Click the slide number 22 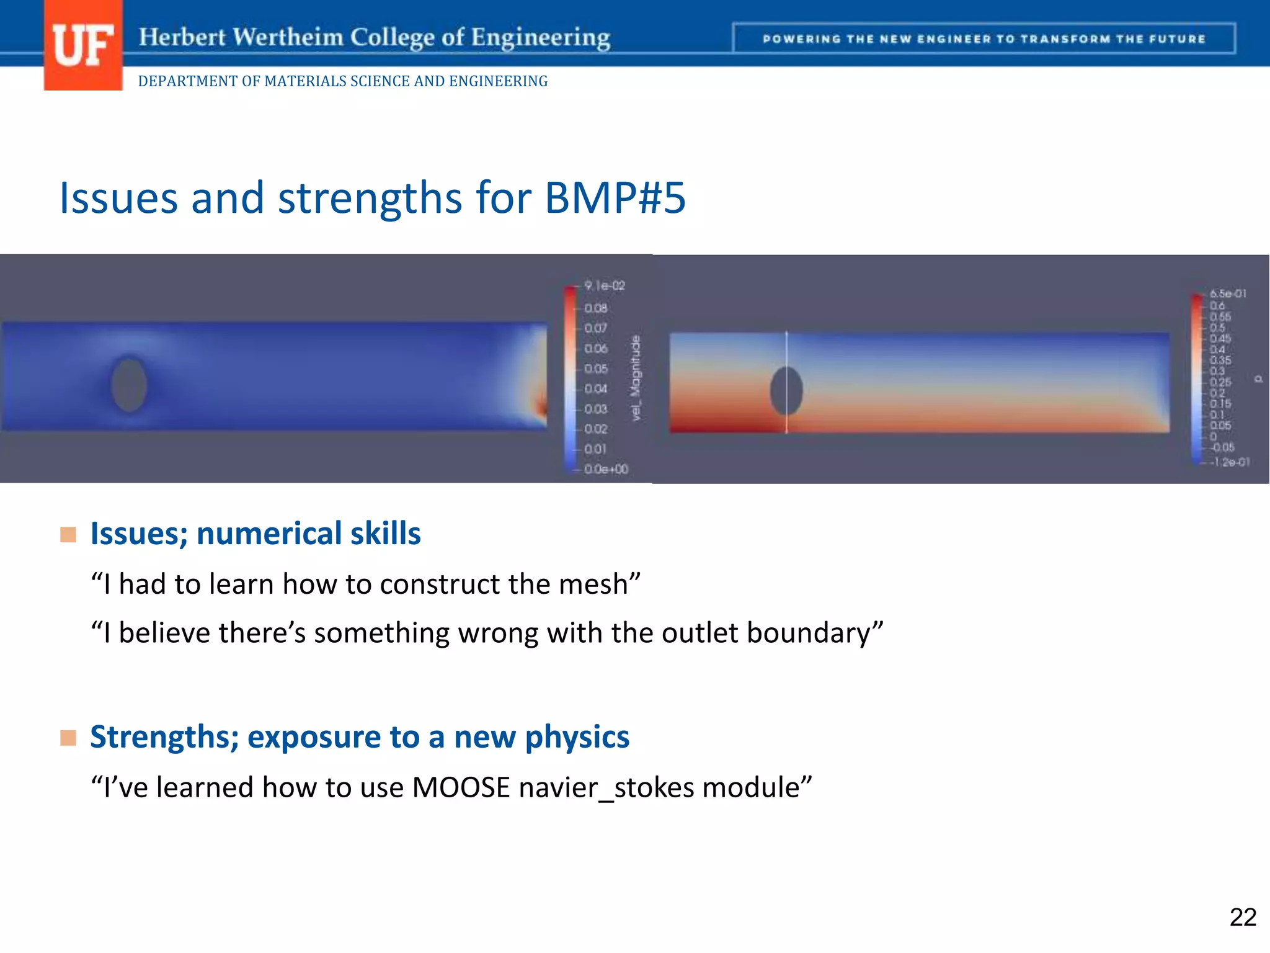click(1243, 917)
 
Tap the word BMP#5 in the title click(615, 198)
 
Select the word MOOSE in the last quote click(461, 787)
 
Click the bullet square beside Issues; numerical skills click(68, 534)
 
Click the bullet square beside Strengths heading click(68, 738)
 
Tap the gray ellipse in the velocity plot click(129, 385)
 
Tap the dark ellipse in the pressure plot click(786, 391)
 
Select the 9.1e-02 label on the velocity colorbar click(605, 285)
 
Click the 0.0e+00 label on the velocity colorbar click(606, 469)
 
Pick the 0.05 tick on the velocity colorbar click(596, 369)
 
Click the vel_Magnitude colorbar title click(636, 378)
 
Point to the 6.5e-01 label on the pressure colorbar click(1228, 293)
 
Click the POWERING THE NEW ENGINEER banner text click(984, 39)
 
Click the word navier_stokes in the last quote click(606, 787)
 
